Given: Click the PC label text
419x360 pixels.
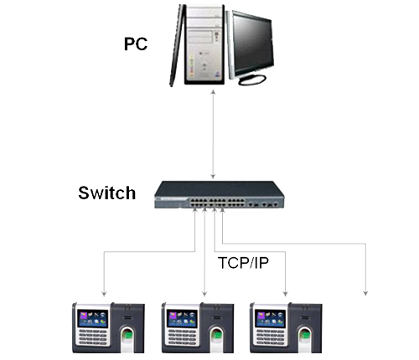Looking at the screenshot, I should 136,42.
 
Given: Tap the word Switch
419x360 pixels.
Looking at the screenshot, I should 106,193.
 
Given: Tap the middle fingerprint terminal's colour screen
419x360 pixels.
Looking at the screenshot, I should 180,318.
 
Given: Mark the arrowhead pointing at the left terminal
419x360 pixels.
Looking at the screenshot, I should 104,293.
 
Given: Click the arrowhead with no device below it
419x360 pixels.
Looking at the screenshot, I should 365,293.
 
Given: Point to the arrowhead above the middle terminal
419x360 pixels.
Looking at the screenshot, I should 202,293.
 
